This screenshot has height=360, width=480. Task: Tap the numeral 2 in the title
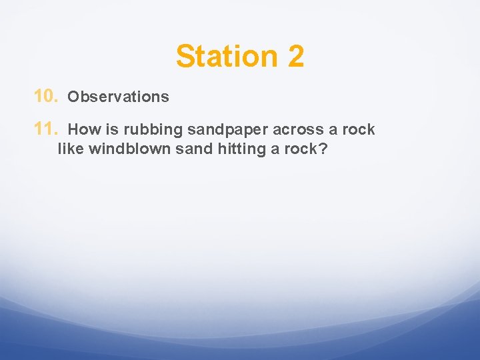[296, 56]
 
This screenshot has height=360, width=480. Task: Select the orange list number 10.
[46, 97]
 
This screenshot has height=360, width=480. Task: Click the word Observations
[119, 97]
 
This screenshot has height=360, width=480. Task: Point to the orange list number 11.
[46, 129]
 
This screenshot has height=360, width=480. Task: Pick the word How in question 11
[83, 130]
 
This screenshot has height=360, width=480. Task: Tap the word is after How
[111, 130]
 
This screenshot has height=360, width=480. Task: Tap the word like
[71, 149]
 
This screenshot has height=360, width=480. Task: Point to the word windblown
[130, 149]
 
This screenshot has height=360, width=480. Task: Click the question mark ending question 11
[323, 149]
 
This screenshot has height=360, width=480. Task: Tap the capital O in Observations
[73, 97]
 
